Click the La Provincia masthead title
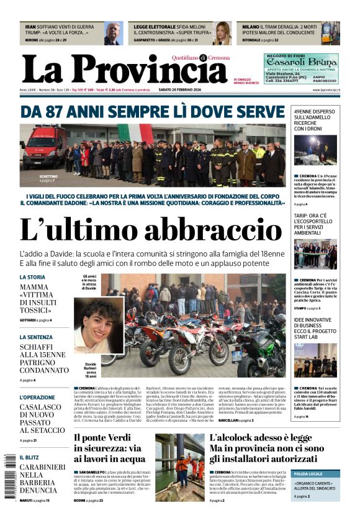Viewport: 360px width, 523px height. pos(124,70)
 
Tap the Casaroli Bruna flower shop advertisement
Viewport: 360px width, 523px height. pos(301,68)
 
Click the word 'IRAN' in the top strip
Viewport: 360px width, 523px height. pos(30,27)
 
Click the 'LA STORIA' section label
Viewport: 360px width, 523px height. pos(32,277)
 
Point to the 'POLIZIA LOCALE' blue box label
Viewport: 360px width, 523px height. pos(308,474)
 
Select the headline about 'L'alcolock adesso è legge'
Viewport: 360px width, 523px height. pos(267,447)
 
